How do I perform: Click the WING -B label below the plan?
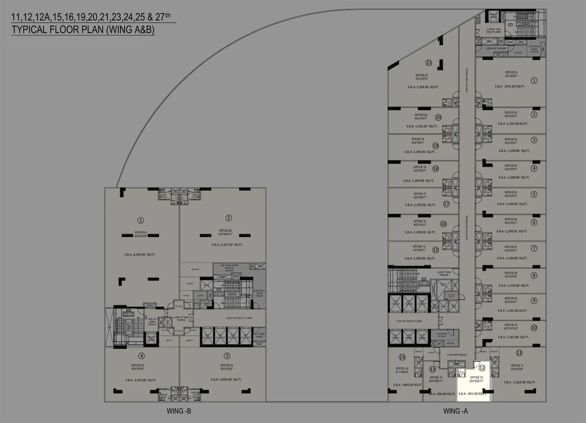[179, 411]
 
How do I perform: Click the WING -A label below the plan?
[455, 411]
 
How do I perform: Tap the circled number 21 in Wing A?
[429, 63]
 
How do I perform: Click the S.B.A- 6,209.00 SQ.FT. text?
[140, 255]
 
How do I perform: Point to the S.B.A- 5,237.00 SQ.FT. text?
[227, 245]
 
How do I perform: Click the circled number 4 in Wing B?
[141, 356]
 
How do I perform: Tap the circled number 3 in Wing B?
[227, 356]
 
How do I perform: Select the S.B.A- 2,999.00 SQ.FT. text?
[423, 87]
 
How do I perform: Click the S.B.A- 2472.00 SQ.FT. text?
[510, 86]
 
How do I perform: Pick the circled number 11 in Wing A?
[519, 353]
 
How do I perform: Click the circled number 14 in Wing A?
[402, 357]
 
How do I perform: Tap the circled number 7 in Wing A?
[534, 248]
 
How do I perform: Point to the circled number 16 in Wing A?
[444, 224]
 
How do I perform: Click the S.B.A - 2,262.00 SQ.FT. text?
[519, 382]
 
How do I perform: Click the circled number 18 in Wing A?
[435, 169]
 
